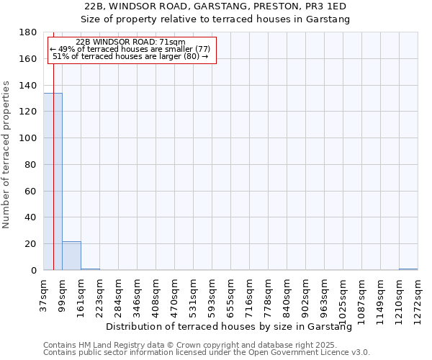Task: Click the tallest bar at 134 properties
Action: point(53,181)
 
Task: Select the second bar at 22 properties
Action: point(71,256)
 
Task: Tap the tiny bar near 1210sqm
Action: point(408,269)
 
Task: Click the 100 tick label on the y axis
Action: point(28,138)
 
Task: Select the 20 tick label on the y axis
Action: point(31,244)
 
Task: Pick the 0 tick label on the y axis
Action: point(34,271)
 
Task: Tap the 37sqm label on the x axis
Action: point(44,294)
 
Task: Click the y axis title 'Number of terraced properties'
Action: point(7,155)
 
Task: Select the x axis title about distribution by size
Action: point(228,327)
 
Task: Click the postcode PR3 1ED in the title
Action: point(328,6)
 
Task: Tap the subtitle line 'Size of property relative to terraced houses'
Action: point(215,19)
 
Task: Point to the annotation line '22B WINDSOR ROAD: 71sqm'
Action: point(130,42)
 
